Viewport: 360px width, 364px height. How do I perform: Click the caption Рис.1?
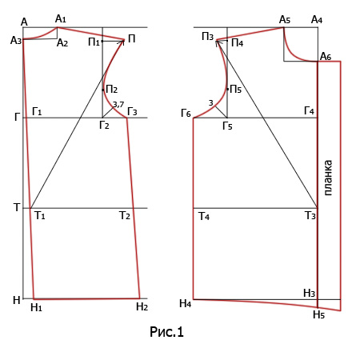pos(166,332)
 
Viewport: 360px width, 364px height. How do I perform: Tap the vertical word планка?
pos(328,178)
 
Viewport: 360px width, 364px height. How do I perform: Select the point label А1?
pos(61,19)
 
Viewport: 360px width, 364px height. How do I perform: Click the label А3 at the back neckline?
pos(16,41)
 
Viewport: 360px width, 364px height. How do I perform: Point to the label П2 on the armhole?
pos(112,90)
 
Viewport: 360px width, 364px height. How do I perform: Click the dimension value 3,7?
pos(118,105)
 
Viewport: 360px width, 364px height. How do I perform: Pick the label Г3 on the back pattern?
pos(132,112)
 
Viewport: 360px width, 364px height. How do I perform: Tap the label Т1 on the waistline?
pos(40,215)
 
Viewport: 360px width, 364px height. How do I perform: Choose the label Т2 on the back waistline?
pos(125,215)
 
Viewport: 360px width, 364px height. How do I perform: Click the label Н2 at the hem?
pos(142,306)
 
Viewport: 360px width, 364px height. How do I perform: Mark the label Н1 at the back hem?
pos(36,307)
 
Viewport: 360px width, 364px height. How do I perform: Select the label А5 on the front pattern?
pos(285,19)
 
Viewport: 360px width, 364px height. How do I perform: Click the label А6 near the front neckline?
pos(326,56)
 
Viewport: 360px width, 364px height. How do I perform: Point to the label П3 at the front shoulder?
pos(208,36)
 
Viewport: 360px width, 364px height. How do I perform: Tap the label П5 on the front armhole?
pos(236,90)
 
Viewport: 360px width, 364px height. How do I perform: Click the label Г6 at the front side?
pos(186,114)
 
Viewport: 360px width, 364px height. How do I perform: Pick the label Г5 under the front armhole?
pos(227,126)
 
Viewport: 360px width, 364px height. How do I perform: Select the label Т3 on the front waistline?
pos(310,215)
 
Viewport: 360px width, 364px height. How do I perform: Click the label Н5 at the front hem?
pos(319,314)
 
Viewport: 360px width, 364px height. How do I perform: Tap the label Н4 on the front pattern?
pos(186,303)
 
